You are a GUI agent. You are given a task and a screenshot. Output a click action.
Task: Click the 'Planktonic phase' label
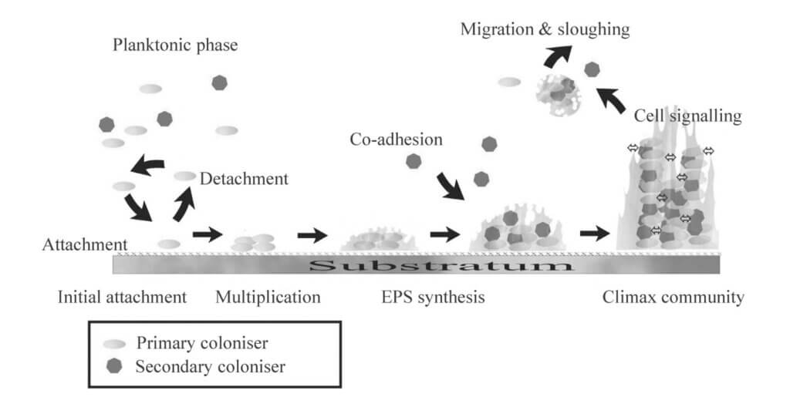[x=174, y=45]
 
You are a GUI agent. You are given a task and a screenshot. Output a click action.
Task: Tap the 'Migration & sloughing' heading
[x=545, y=29]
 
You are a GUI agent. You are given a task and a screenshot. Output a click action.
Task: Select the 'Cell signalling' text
[x=688, y=116]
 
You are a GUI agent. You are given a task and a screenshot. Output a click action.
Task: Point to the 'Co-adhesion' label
[x=396, y=140]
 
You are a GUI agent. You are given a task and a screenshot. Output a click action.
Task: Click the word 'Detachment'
[x=243, y=180]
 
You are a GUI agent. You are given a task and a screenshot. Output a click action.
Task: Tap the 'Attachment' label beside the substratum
[x=85, y=244]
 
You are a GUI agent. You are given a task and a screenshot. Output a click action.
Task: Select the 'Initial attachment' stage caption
[x=122, y=297]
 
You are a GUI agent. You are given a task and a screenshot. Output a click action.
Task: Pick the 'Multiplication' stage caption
[x=267, y=297]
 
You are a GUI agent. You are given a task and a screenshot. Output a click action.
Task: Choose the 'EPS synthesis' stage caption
[x=433, y=297]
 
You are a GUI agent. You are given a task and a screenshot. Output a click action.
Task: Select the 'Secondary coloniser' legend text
[x=210, y=366]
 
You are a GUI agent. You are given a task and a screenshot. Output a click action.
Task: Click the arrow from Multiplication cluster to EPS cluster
[x=312, y=234]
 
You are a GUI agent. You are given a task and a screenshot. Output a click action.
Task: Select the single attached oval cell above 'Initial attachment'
[x=169, y=244]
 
